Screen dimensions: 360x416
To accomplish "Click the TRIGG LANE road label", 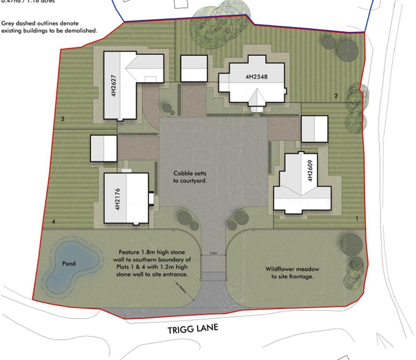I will point(193,329).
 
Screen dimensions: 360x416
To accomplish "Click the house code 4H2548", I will point(256,77).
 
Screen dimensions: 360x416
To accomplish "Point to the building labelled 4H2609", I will point(302,187).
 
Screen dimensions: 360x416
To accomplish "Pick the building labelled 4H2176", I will point(126,198).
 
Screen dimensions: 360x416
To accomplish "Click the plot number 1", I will point(357,219).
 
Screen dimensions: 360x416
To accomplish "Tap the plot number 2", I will point(336,96).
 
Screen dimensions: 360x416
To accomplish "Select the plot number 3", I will point(62,119).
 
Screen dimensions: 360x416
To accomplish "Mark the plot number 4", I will point(53,222).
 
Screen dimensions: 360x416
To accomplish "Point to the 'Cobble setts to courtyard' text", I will point(190,177).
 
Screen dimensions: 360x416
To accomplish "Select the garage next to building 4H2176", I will point(104,148).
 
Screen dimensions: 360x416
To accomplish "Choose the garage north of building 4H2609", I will point(314,129).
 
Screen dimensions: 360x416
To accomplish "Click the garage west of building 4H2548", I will point(194,68).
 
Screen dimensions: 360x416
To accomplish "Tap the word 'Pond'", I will point(69,263).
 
